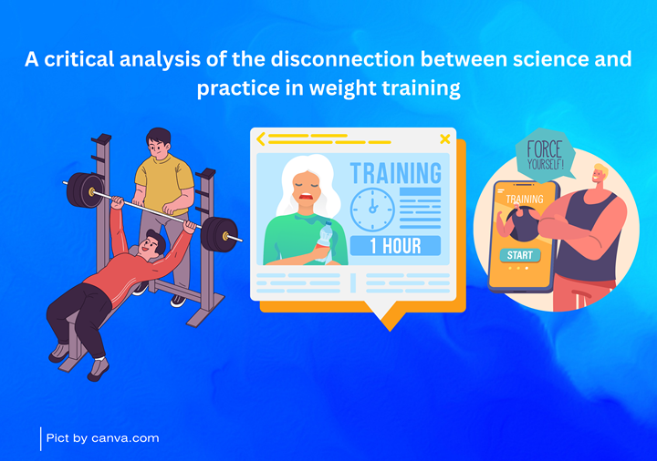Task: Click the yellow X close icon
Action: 445,138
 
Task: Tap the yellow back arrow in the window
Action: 261,138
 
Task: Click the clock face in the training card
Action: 372,210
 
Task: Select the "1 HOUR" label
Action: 395,246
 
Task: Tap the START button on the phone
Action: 520,255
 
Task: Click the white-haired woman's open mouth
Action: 306,196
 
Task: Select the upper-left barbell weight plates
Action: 84,190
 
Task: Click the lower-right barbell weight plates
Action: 219,234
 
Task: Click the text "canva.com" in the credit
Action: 125,438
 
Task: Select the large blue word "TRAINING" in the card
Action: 395,173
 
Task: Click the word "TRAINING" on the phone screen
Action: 524,200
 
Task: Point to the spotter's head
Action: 159,143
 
